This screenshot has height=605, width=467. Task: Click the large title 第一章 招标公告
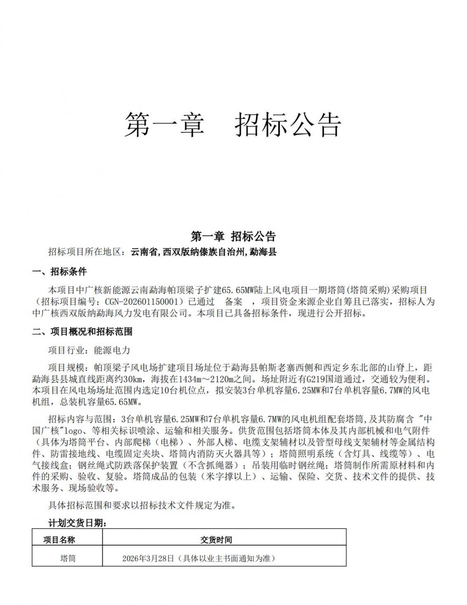[233, 124]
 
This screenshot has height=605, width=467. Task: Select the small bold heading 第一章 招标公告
[233, 236]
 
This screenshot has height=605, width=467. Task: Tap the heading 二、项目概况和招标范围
[82, 331]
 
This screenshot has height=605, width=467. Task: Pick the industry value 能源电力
[113, 350]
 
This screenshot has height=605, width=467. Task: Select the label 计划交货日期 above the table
[77, 523]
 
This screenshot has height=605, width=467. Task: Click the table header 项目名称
[59, 540]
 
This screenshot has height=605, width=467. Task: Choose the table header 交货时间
[216, 540]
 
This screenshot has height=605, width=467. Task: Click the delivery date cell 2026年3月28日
[148, 558]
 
